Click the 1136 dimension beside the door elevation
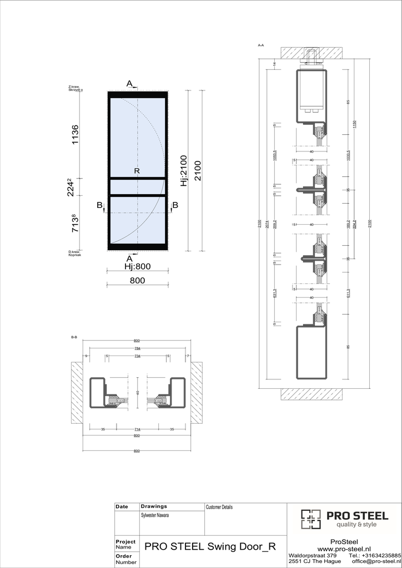point(75,135)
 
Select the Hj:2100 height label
point(183,169)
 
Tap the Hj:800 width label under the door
point(137,267)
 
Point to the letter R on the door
point(137,172)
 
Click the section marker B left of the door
point(100,206)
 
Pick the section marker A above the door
point(129,84)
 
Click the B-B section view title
point(74,337)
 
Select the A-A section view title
point(261,44)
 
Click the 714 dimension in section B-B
point(137,429)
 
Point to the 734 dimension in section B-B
point(137,356)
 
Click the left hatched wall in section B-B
point(77,393)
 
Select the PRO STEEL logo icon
point(311,519)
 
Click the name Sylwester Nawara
point(155,515)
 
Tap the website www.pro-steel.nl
point(344,549)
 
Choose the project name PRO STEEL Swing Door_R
point(210,546)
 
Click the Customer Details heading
point(219,507)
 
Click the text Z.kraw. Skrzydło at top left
point(75,88)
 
